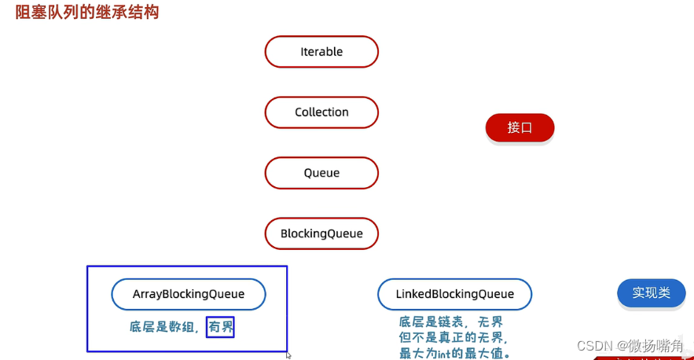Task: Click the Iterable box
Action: [x=321, y=52]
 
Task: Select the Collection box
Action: [x=321, y=112]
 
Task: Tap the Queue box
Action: [x=321, y=173]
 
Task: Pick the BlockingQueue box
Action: [x=321, y=233]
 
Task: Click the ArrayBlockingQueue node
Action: [x=189, y=294]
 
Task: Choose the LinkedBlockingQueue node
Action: [x=454, y=294]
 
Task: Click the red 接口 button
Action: [x=520, y=127]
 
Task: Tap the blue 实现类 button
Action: [x=651, y=292]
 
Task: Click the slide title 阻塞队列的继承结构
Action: [x=87, y=13]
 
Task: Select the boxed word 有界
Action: [x=221, y=326]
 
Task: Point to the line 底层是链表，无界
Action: [x=450, y=322]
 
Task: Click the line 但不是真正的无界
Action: [x=453, y=338]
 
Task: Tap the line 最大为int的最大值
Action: [x=455, y=354]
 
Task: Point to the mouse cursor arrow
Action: [x=288, y=355]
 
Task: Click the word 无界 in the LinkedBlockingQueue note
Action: [x=489, y=322]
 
